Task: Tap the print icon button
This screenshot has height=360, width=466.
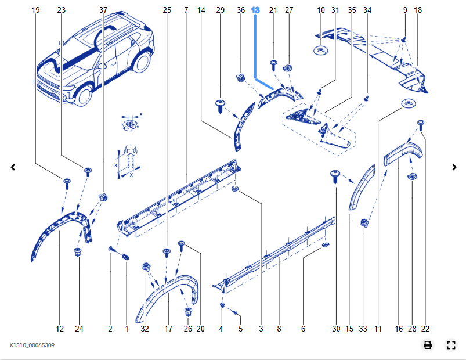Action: (x=428, y=345)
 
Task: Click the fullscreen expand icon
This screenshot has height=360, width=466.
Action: (x=451, y=345)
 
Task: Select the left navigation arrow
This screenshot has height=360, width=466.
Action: (x=13, y=167)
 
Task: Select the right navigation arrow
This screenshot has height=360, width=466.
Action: (x=454, y=167)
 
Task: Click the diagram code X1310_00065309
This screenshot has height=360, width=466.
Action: (x=32, y=345)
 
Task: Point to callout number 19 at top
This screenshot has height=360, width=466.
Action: (x=36, y=10)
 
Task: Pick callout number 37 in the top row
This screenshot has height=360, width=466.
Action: (x=103, y=10)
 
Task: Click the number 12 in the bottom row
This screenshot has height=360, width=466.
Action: (x=60, y=329)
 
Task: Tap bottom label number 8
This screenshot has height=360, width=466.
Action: (x=279, y=329)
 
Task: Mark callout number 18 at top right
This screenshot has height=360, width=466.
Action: (x=418, y=10)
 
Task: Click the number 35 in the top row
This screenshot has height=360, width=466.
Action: (x=352, y=10)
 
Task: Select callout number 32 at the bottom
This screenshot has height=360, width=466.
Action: (x=145, y=329)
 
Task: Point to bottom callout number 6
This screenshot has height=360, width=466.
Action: (x=303, y=329)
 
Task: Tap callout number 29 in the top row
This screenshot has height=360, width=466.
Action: (x=220, y=10)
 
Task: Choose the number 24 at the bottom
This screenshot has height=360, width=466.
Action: (x=79, y=329)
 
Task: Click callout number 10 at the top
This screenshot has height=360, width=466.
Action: (x=321, y=10)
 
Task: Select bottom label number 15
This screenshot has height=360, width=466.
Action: (x=349, y=329)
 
